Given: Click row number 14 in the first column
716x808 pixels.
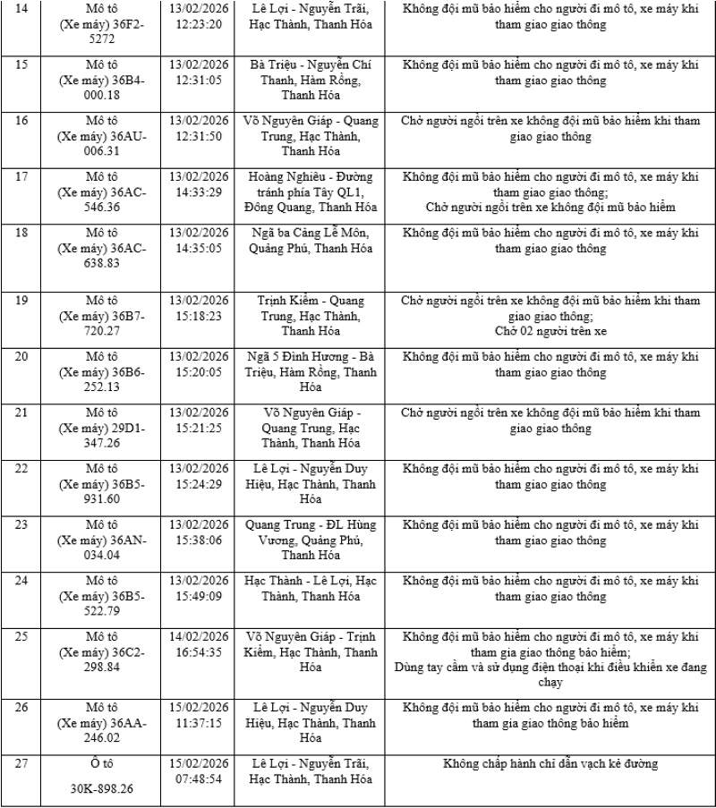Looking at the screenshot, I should pyautogui.click(x=21, y=9).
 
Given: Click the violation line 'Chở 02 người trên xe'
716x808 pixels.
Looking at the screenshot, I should pyautogui.click(x=550, y=331).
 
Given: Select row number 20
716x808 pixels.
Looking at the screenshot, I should pyautogui.click(x=21, y=356).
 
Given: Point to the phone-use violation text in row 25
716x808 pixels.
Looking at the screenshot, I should pyautogui.click(x=550, y=675).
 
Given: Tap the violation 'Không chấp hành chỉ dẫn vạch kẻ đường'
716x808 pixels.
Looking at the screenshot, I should pyautogui.click(x=550, y=764).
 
